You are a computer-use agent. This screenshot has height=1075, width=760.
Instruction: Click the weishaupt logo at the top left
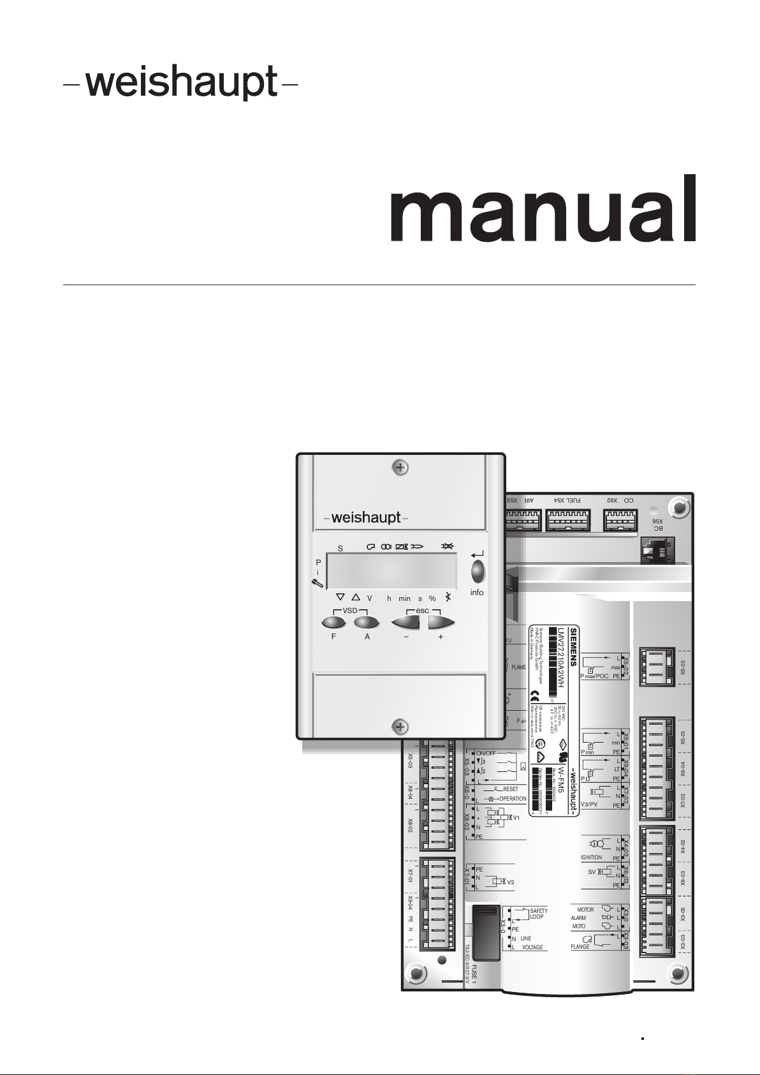[x=180, y=83]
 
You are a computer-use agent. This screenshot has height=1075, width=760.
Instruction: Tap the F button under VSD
[x=333, y=622]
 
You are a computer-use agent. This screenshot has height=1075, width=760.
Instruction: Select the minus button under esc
[x=407, y=622]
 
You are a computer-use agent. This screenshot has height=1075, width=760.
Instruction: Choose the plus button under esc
[x=441, y=622]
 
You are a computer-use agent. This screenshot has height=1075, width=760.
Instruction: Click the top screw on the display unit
[x=400, y=468]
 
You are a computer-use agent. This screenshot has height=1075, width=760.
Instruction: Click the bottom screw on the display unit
[x=400, y=727]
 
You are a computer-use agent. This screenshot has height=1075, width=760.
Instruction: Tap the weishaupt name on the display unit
[x=366, y=517]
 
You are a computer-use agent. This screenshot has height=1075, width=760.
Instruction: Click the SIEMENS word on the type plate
[x=573, y=644]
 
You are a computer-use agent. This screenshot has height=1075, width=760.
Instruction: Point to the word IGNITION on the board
[x=592, y=857]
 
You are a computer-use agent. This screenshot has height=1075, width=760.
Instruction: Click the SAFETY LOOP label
[x=538, y=914]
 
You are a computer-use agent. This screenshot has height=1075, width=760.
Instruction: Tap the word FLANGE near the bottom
[x=580, y=947]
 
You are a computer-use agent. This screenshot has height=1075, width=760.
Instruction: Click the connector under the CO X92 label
[x=619, y=521]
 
